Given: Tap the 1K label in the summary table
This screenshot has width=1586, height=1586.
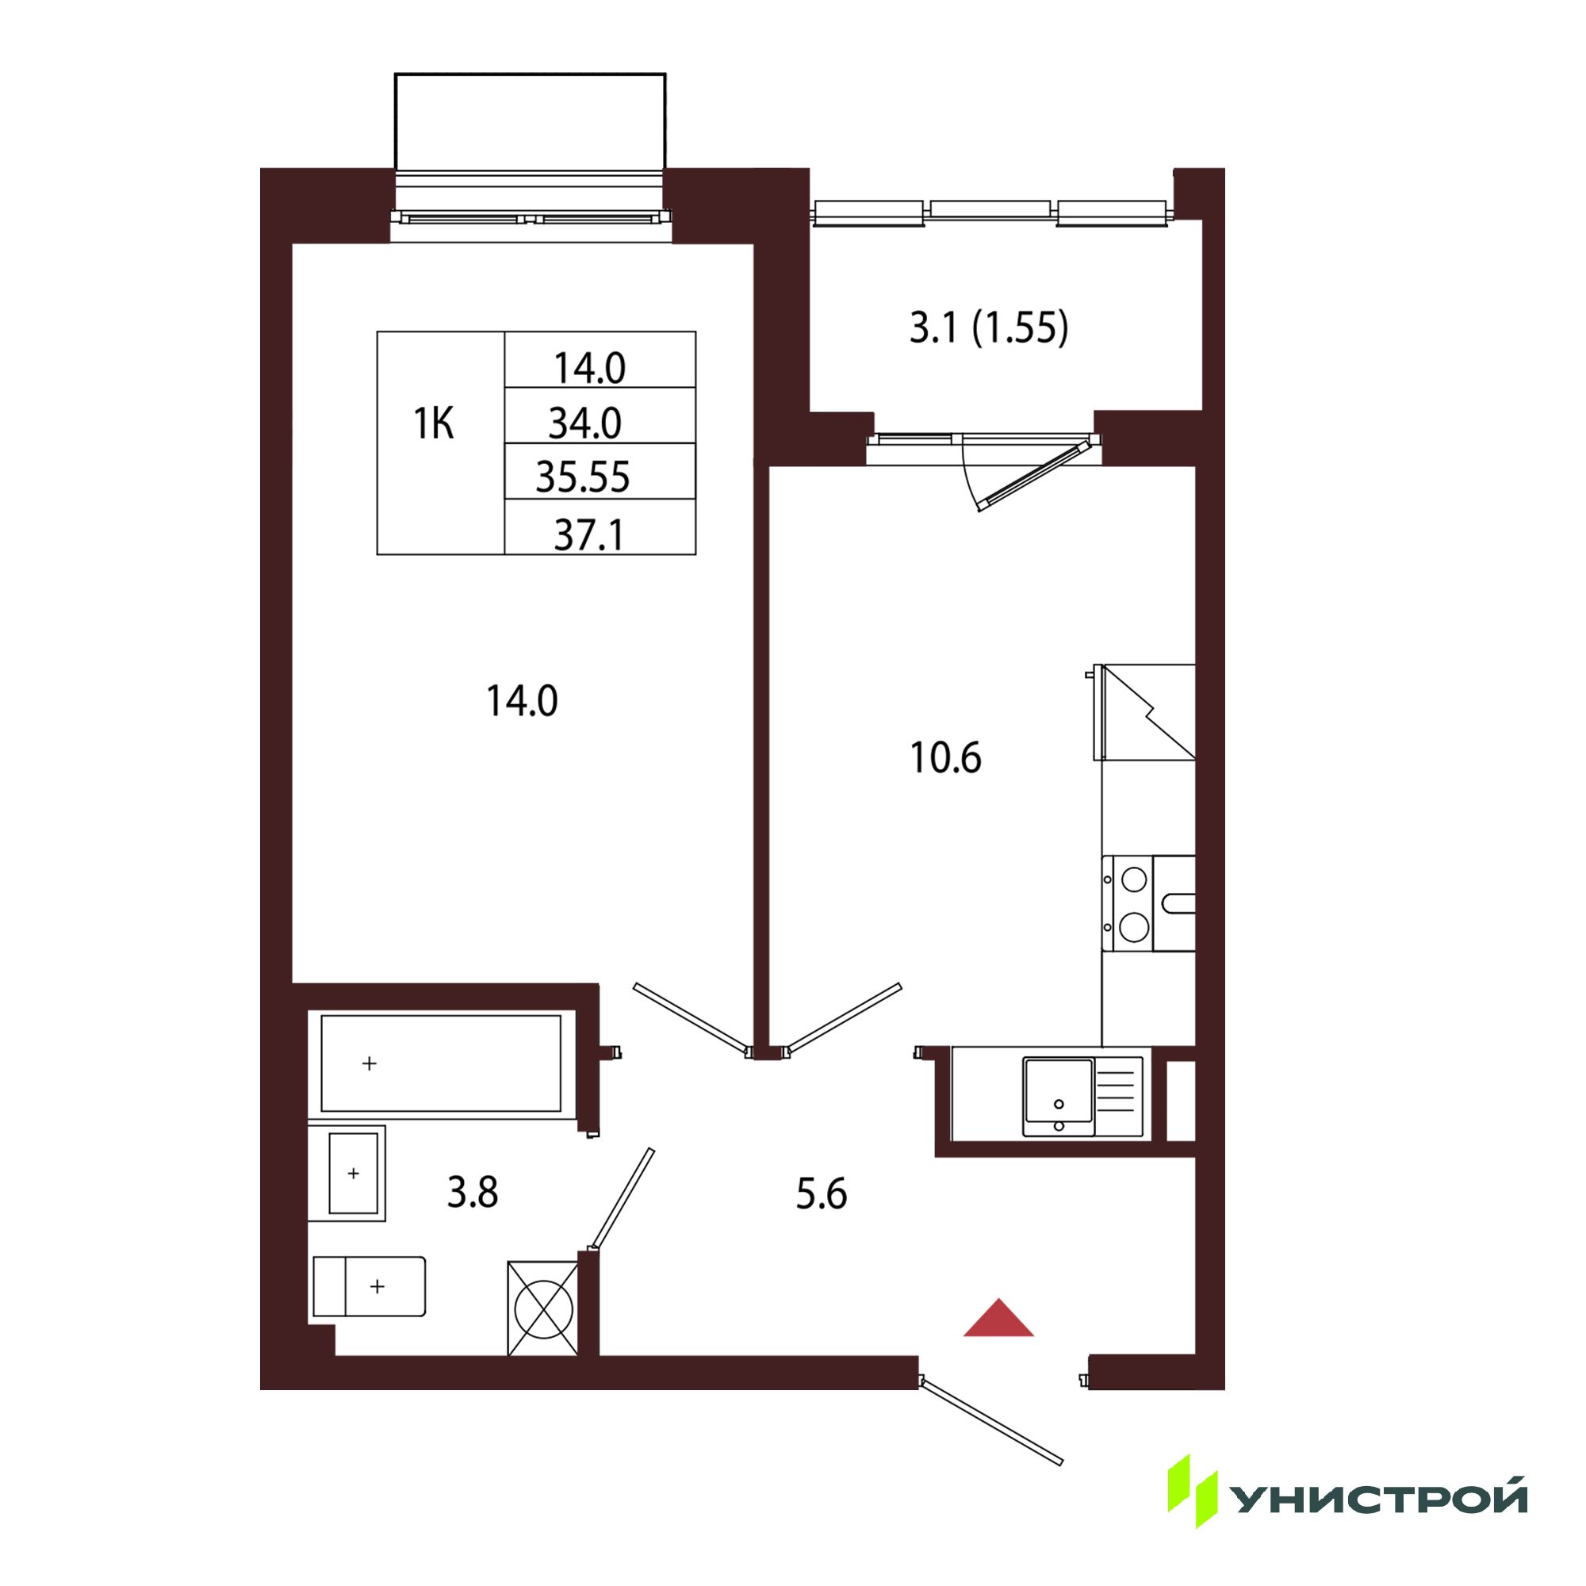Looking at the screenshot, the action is [x=434, y=424].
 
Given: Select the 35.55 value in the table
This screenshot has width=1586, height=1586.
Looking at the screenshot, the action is [x=583, y=477].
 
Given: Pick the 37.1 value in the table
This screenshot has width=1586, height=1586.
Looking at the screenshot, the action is [x=589, y=535].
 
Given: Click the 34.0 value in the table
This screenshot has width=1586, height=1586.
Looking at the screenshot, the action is [x=585, y=423].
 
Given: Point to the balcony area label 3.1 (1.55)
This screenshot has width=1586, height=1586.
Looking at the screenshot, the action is [x=989, y=328].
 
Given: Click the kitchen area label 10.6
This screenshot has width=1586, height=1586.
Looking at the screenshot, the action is [x=946, y=757].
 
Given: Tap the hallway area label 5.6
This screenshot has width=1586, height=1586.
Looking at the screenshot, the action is [x=821, y=1194].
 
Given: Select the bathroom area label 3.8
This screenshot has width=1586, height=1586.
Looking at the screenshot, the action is [x=472, y=1193].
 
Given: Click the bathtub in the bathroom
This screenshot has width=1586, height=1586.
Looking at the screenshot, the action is [x=441, y=1064].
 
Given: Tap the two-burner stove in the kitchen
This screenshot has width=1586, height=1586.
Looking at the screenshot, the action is [x=1148, y=904].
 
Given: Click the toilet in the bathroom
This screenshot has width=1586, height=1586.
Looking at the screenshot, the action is [x=370, y=1286].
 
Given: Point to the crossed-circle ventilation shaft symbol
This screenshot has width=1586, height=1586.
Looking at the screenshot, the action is [x=543, y=1308].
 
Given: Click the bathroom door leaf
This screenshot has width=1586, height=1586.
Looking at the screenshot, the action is [x=623, y=1199].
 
